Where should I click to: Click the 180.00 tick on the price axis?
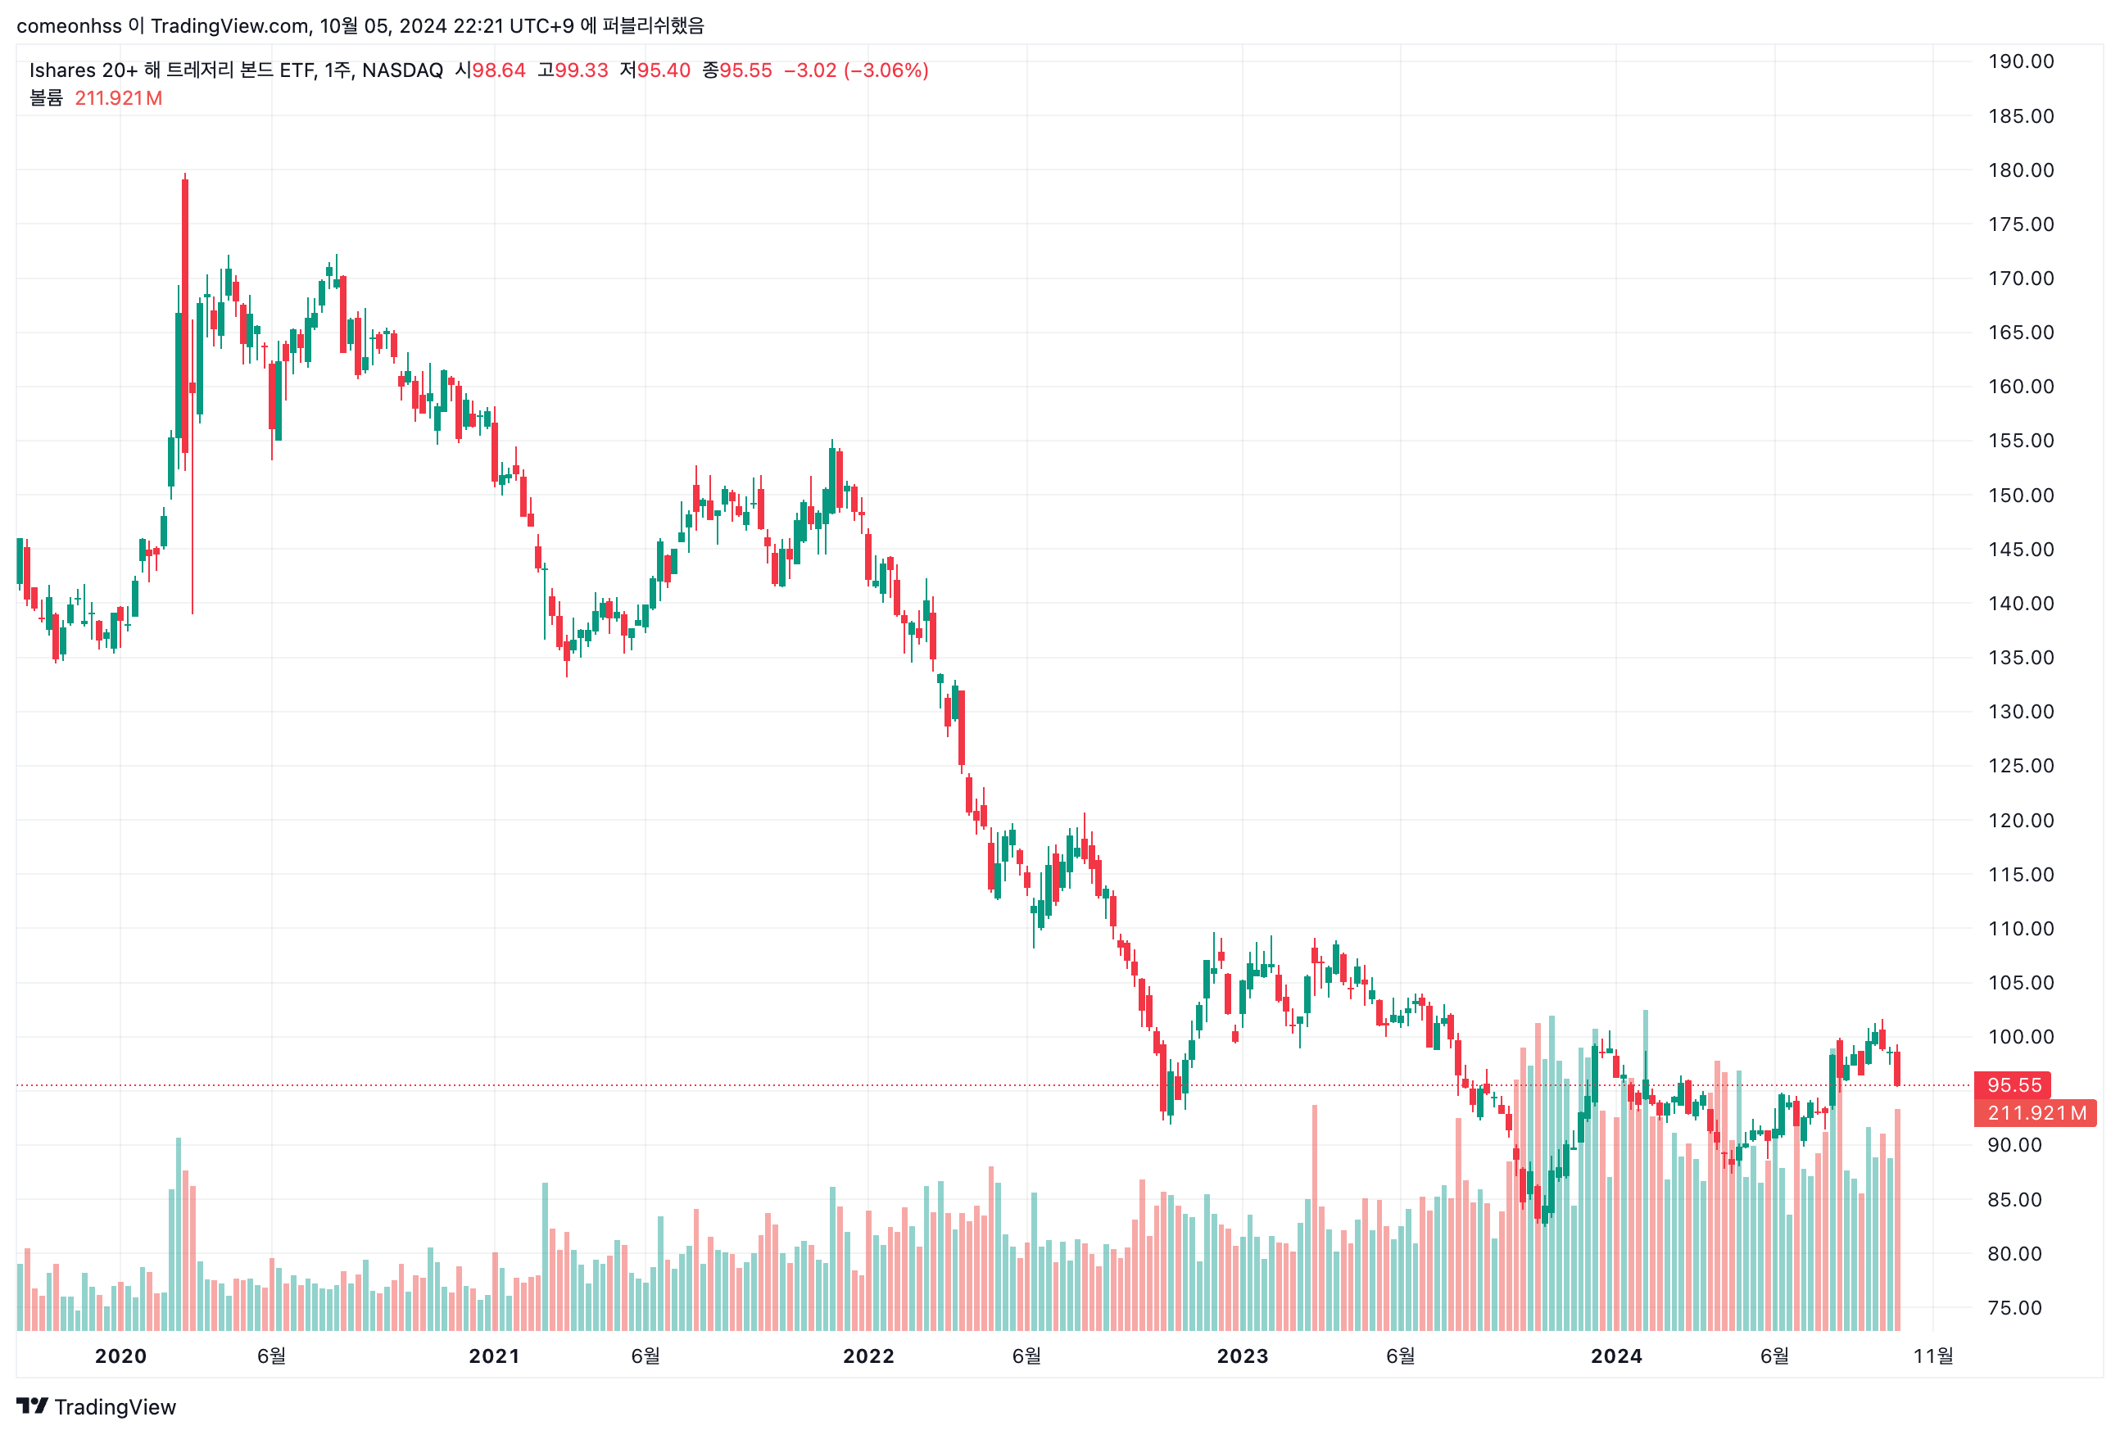(x=2020, y=170)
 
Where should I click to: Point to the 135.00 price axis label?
(x=2020, y=658)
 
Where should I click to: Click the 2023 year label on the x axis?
(x=1242, y=1356)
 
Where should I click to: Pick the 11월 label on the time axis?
(x=1932, y=1356)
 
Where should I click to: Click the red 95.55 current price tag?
(x=2013, y=1084)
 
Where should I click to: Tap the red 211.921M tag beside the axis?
(x=2035, y=1113)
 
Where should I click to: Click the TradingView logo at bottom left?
(x=96, y=1406)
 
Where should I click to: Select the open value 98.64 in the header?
(x=498, y=70)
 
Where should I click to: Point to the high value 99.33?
(x=581, y=70)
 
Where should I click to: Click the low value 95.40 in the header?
(x=664, y=70)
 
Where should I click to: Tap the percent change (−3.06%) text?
(x=886, y=70)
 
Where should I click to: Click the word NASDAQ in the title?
(x=402, y=70)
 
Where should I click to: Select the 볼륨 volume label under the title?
(x=46, y=97)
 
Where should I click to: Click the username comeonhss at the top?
(x=69, y=25)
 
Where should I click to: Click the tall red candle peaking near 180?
(x=185, y=310)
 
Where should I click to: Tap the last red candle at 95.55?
(x=1896, y=1068)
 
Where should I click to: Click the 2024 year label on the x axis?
(x=1615, y=1356)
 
